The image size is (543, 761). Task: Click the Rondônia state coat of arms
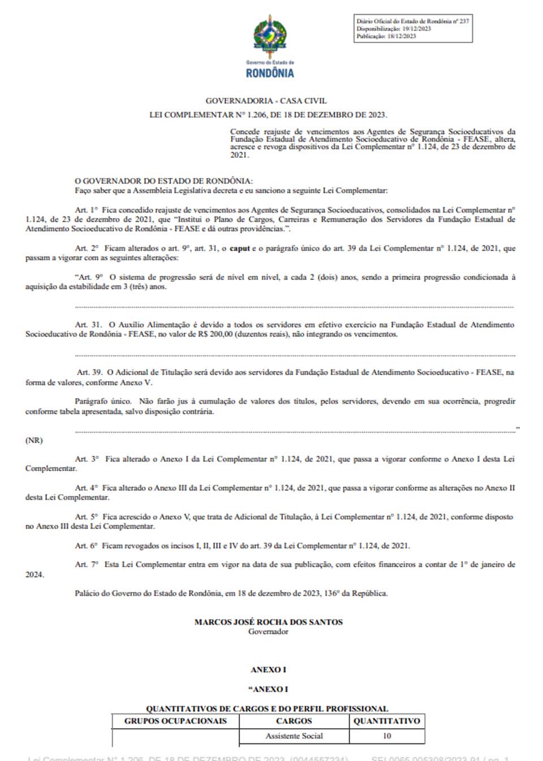coord(270,36)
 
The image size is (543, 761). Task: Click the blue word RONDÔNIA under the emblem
coord(270,73)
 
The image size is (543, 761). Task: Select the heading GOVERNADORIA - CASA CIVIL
coord(266,101)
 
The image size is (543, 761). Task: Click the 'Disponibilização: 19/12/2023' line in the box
coord(394,29)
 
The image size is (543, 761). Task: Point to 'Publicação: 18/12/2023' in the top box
coord(386,36)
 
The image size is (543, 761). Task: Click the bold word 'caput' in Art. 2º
coord(240,248)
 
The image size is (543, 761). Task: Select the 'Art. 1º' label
coord(86,210)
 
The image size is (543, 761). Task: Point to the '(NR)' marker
coord(34,440)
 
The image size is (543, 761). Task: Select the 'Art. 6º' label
coord(86,546)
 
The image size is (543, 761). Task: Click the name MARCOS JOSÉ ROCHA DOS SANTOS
coord(268,622)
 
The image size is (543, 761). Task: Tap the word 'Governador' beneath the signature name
coord(268,632)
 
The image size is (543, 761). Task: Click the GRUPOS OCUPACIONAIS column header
coord(175,721)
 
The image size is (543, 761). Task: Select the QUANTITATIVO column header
coord(387,721)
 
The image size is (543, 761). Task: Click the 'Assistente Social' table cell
coord(294,736)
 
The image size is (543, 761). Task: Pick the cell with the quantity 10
coord(387,736)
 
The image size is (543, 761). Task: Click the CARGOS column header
coord(294,721)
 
